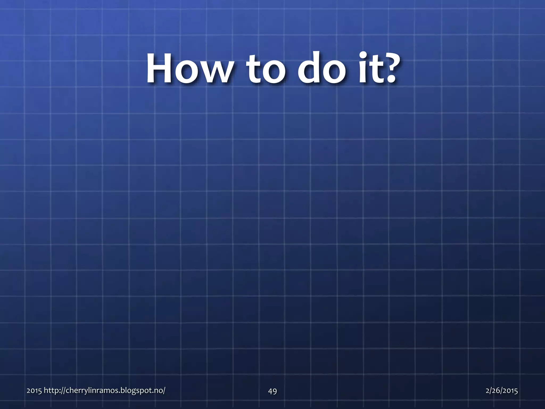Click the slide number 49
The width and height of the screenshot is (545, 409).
272,391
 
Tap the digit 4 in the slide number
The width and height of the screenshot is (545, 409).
270,391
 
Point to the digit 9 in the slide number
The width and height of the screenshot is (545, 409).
275,391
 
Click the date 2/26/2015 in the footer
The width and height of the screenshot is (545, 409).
502,391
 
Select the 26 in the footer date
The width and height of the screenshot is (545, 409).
496,391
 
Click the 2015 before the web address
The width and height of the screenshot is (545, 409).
34,391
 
